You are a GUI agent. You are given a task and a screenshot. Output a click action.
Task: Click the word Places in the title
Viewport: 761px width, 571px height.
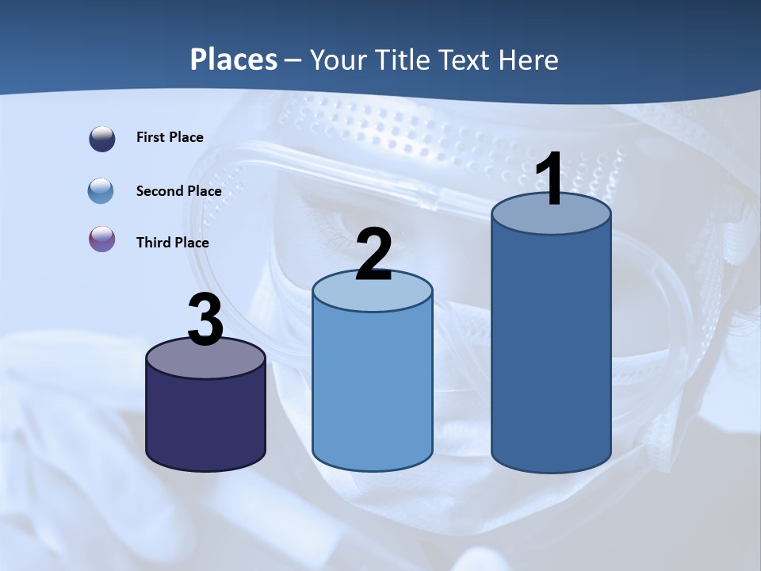click(234, 59)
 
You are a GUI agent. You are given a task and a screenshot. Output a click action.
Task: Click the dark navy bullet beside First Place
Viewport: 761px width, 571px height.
click(102, 139)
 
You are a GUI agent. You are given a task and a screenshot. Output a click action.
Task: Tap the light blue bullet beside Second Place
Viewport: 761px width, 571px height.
click(102, 191)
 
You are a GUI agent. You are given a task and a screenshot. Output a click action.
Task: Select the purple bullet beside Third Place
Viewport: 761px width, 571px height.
click(102, 239)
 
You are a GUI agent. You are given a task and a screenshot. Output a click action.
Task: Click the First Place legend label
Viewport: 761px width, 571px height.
click(170, 137)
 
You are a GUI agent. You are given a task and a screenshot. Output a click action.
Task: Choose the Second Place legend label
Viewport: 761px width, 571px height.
click(178, 191)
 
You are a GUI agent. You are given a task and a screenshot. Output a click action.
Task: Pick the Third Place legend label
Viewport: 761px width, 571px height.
click(172, 243)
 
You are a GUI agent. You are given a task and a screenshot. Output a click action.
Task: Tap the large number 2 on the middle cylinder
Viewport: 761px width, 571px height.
click(373, 255)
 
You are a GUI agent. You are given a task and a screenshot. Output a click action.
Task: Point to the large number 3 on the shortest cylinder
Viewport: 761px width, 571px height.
click(205, 320)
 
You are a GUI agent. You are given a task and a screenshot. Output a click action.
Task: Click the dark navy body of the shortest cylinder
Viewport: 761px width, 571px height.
click(205, 420)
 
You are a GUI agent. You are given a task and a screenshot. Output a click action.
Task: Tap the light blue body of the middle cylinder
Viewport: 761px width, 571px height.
click(373, 389)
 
